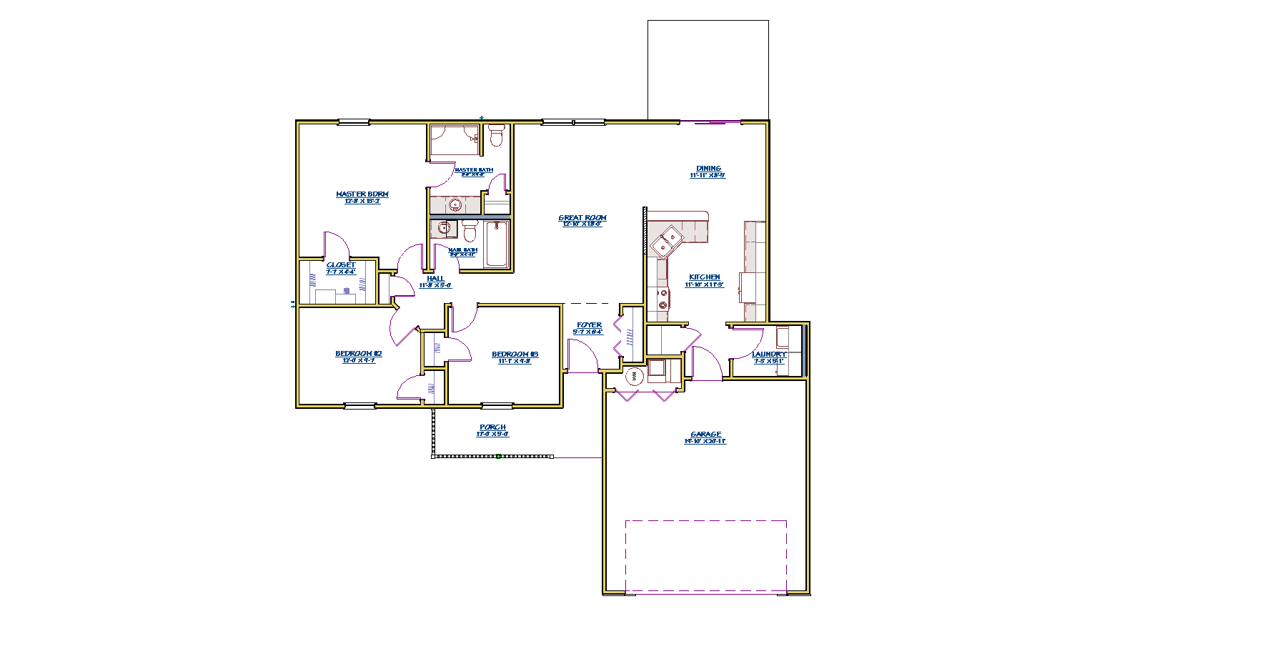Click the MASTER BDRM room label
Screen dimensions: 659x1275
click(x=362, y=194)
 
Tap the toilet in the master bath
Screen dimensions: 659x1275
click(x=496, y=135)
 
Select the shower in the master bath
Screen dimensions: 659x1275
click(x=455, y=140)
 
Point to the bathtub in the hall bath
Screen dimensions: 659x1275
click(x=496, y=244)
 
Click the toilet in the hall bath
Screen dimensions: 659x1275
click(x=470, y=231)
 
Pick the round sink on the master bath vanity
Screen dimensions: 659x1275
click(x=455, y=206)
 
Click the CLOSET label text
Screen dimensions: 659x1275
click(x=341, y=265)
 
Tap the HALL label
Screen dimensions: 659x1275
click(x=435, y=279)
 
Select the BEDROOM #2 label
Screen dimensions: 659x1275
click(x=359, y=354)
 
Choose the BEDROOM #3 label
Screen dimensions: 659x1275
click(x=515, y=355)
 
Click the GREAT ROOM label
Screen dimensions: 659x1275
click(x=582, y=218)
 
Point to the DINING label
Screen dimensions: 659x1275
click(x=708, y=169)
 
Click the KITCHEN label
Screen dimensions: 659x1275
click(x=705, y=277)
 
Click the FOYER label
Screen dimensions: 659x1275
click(x=589, y=325)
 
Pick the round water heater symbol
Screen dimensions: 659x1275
click(x=634, y=376)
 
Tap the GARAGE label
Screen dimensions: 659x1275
click(x=705, y=435)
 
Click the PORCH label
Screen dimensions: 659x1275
click(x=492, y=427)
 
